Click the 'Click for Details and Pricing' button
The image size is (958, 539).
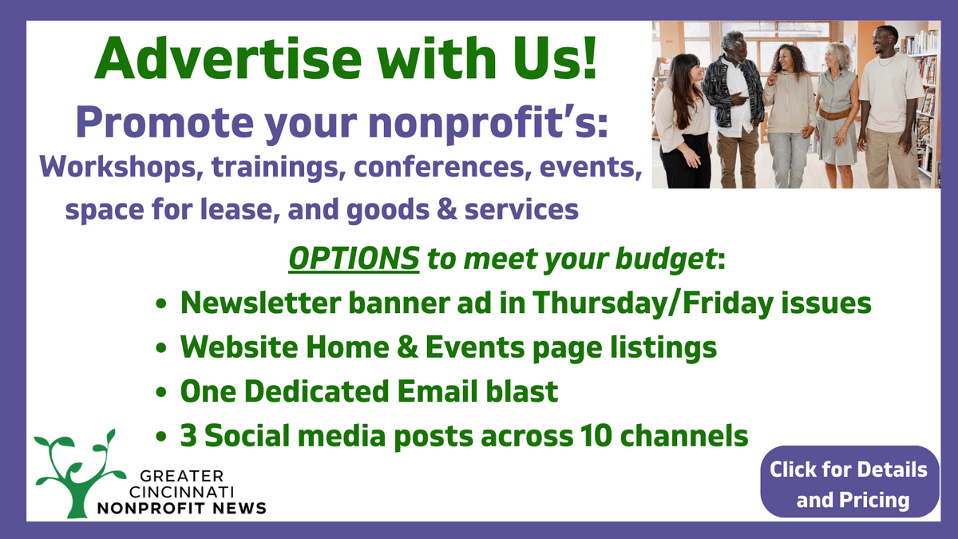point(849,483)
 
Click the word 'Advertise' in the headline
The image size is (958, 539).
point(210,59)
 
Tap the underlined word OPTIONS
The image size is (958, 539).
point(353,260)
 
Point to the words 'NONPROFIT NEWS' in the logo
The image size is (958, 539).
point(181,508)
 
